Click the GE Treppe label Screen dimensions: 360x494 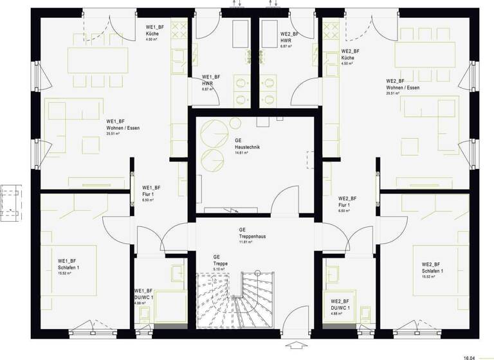(x=221, y=262)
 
